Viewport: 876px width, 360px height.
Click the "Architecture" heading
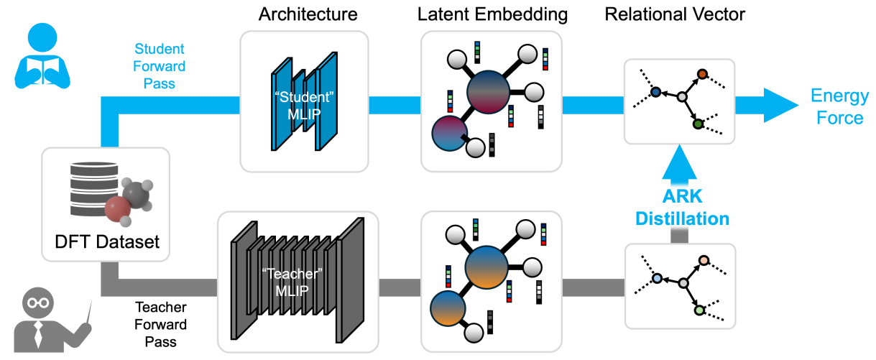click(308, 14)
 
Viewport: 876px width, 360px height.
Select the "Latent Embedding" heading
click(492, 14)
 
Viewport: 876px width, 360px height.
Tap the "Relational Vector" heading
click(675, 14)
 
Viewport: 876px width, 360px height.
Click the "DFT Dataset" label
click(107, 242)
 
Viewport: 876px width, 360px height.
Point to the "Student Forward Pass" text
click(159, 66)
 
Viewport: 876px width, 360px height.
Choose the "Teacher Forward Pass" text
click(160, 324)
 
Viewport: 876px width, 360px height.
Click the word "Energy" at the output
click(839, 96)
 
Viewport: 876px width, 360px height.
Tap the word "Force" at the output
click(839, 118)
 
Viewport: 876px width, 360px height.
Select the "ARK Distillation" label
click(683, 208)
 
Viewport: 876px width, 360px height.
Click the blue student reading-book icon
click(42, 56)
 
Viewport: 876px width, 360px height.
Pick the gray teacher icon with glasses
click(51, 320)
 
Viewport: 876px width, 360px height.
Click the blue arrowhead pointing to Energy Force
click(780, 105)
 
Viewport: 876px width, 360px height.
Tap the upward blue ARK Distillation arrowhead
click(680, 162)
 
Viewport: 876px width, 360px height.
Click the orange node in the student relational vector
click(702, 74)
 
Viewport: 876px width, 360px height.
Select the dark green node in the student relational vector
click(698, 124)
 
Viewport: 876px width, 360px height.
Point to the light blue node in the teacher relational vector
click(657, 279)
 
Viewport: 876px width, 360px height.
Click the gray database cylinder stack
click(94, 189)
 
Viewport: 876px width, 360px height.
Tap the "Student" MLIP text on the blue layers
click(304, 106)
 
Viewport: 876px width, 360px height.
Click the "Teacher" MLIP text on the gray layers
click(292, 282)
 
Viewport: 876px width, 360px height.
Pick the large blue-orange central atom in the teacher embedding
click(486, 267)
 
